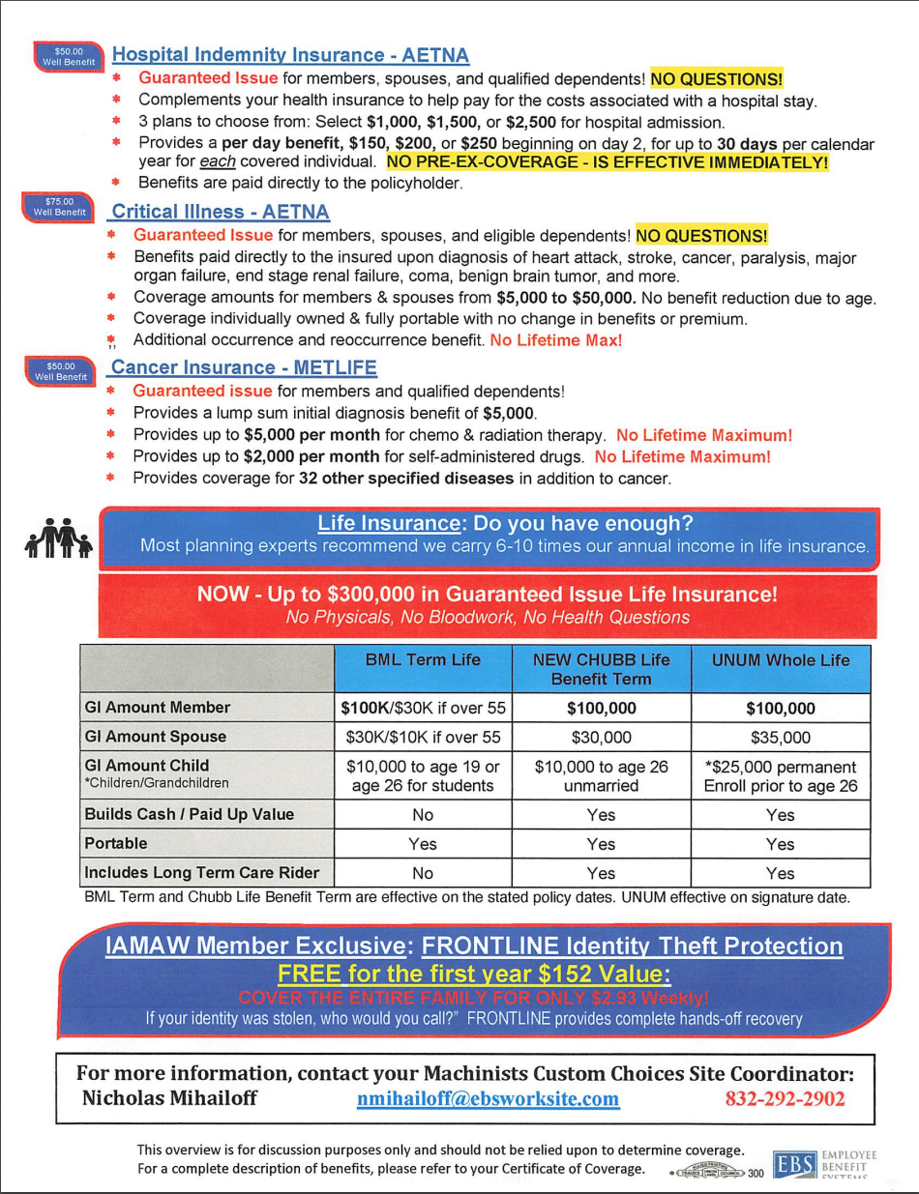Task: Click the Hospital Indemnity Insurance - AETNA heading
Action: click(x=290, y=55)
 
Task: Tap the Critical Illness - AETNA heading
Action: click(x=221, y=211)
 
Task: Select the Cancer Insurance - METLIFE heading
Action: click(x=244, y=367)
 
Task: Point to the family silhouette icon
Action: click(x=59, y=539)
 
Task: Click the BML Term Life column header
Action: click(x=423, y=660)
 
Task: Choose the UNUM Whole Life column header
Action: click(x=781, y=660)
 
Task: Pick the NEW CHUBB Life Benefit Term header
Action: click(x=601, y=669)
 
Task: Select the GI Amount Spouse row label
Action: click(x=155, y=737)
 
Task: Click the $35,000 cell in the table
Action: click(x=781, y=738)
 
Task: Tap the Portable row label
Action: click(x=115, y=843)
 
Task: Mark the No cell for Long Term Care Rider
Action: click(x=423, y=873)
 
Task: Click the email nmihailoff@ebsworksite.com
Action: click(x=488, y=1099)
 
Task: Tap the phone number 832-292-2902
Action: click(x=785, y=1099)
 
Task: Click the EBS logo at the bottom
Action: click(x=790, y=1164)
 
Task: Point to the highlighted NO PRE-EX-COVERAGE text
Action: click(x=608, y=162)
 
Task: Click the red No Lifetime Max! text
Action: click(x=555, y=340)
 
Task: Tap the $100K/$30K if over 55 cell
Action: click(x=423, y=708)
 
